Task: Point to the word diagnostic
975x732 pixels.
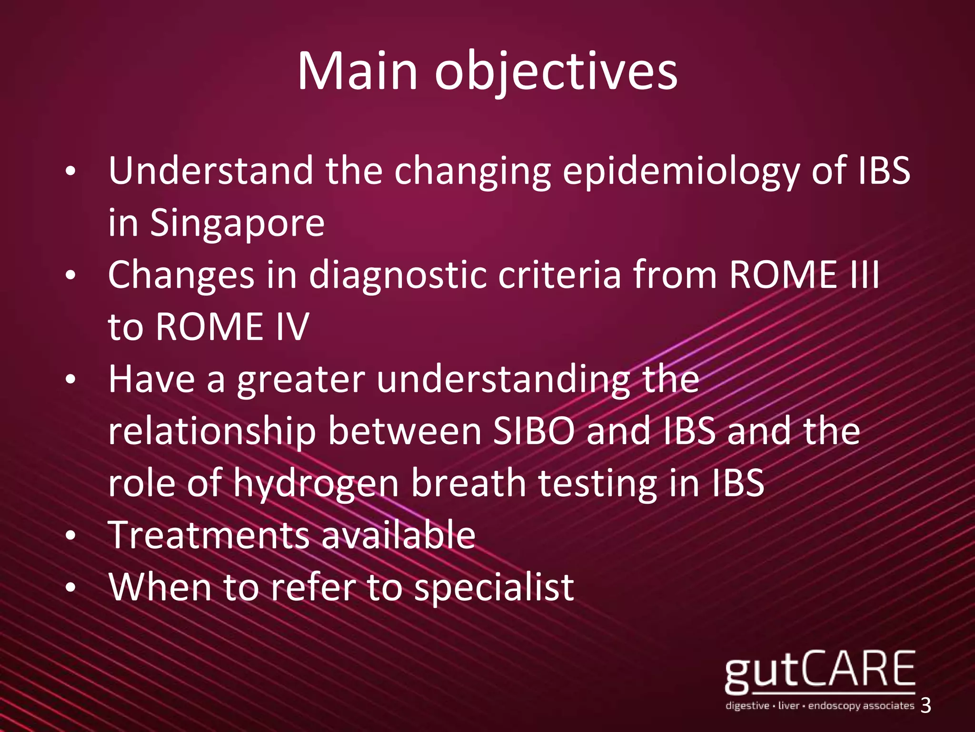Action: pos(398,275)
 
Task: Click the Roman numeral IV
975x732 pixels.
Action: pos(292,327)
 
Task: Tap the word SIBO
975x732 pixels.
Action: pos(533,431)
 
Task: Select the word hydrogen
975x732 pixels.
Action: pos(316,483)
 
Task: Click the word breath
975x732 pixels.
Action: pos(468,482)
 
